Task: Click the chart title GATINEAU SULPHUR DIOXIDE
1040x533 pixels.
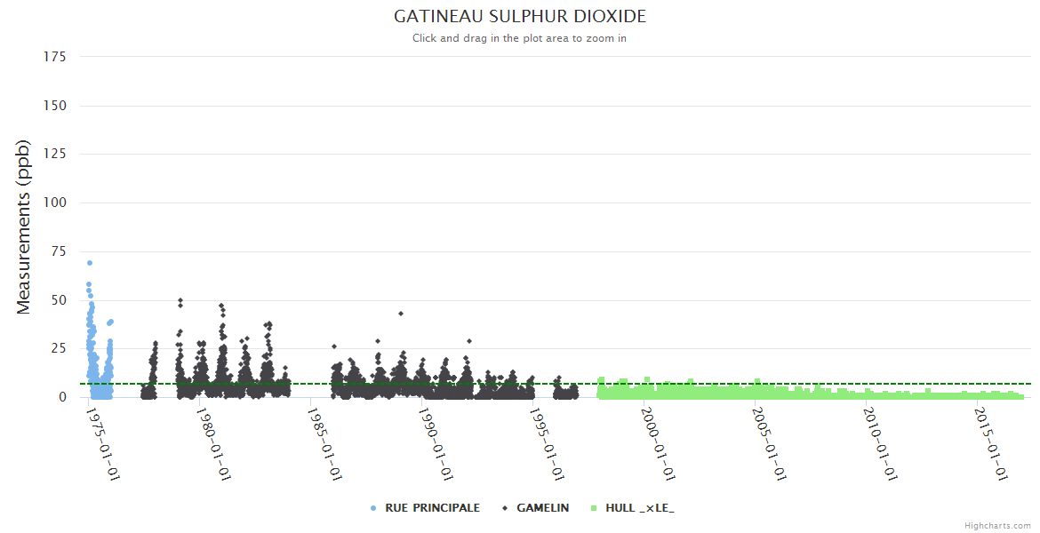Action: pyautogui.click(x=520, y=17)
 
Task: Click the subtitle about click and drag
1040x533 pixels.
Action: pyautogui.click(x=520, y=38)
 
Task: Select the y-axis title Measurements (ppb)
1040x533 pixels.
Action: pyautogui.click(x=24, y=227)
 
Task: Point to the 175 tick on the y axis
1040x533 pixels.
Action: pyautogui.click(x=55, y=57)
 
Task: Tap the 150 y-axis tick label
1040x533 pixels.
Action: pyautogui.click(x=55, y=106)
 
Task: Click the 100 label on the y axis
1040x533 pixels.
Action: pyautogui.click(x=55, y=203)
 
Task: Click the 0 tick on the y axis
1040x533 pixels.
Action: pyautogui.click(x=62, y=397)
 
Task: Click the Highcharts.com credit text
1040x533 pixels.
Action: pyautogui.click(x=997, y=526)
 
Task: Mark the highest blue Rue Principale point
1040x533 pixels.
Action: pyautogui.click(x=90, y=263)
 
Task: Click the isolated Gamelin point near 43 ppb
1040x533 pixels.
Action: pyautogui.click(x=401, y=314)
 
